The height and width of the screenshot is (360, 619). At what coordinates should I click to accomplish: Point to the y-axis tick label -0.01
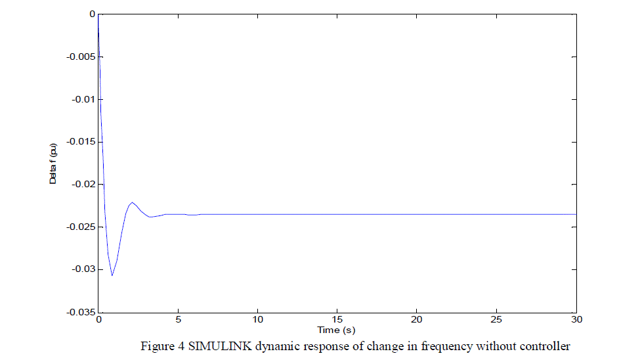click(83, 99)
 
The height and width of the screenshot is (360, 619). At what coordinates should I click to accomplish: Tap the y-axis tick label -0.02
click(83, 185)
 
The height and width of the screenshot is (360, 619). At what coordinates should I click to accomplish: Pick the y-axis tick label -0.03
click(83, 269)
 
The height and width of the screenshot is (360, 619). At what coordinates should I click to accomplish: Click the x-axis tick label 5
click(178, 320)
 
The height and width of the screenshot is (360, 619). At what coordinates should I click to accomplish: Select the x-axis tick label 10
click(257, 320)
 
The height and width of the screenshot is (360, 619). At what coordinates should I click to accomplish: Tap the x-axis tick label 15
click(337, 320)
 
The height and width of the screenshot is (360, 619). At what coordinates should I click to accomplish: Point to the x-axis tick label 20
click(416, 320)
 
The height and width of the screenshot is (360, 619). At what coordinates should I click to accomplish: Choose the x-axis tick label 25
click(496, 320)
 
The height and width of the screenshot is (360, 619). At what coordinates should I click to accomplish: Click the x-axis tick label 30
click(575, 320)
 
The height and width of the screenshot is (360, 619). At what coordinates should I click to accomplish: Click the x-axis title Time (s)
click(336, 329)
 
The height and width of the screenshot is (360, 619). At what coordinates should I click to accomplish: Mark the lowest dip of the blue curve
click(112, 275)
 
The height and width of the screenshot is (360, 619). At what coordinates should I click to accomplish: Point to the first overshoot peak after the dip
click(133, 202)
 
